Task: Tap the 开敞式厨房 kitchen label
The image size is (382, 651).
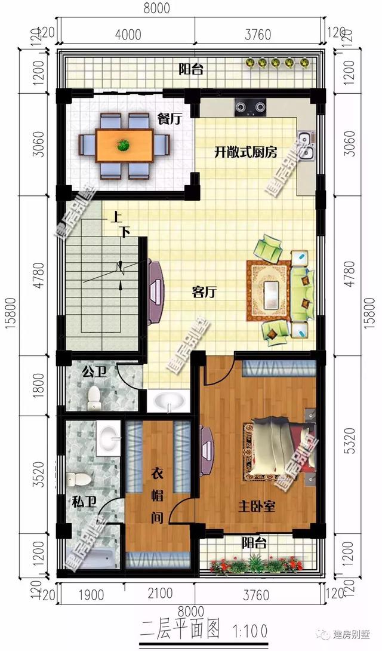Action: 246,152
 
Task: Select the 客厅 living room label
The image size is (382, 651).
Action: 204,292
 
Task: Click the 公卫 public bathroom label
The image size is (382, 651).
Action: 94,373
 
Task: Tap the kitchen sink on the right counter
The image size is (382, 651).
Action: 307,145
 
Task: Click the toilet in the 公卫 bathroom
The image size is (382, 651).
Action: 94,397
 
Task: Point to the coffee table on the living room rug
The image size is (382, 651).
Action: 271,291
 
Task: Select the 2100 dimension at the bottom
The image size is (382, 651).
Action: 159,594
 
